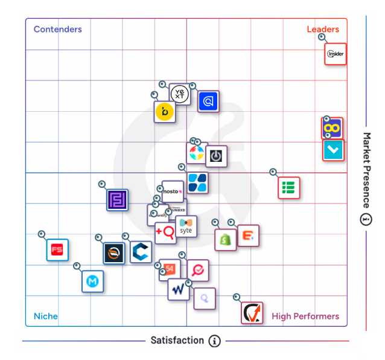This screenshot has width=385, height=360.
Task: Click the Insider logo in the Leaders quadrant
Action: (x=336, y=54)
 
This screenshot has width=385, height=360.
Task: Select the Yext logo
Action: (x=179, y=94)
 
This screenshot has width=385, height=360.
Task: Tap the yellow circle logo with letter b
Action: (x=165, y=112)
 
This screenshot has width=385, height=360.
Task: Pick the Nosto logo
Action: (x=173, y=192)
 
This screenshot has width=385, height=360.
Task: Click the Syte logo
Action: (x=186, y=227)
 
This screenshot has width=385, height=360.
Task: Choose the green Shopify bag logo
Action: (x=226, y=239)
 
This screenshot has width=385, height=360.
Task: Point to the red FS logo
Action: (x=57, y=249)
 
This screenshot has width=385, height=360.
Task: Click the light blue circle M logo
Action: (x=92, y=281)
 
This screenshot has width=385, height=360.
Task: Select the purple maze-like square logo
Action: (x=117, y=200)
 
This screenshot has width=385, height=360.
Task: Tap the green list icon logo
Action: (x=288, y=187)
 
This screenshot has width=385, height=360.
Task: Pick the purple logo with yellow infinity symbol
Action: (x=332, y=128)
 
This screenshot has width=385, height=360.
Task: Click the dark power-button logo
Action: (x=216, y=156)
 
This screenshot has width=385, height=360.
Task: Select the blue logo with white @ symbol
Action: (x=208, y=101)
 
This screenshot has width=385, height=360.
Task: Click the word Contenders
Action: (x=58, y=29)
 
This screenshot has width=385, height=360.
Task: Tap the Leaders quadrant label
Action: (x=323, y=29)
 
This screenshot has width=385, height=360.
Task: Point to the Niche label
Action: (x=46, y=316)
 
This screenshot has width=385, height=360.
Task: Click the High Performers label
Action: (x=305, y=316)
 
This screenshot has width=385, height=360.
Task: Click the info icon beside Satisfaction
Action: (x=214, y=341)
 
